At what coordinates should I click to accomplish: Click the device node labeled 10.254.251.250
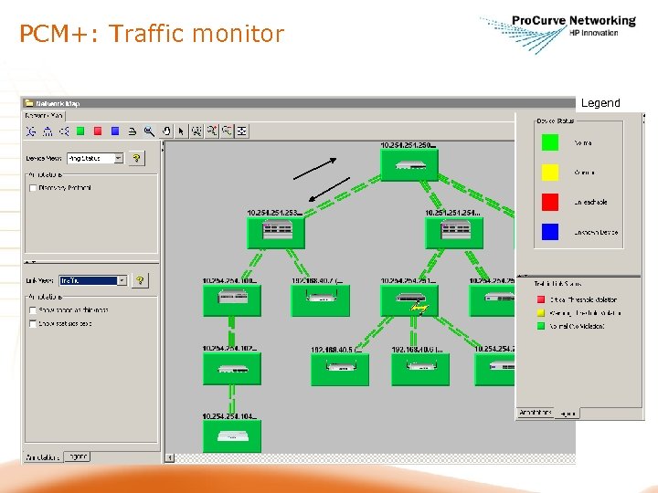[409, 165]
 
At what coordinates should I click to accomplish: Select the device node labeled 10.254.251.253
[275, 232]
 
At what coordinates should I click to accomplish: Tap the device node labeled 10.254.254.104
[231, 435]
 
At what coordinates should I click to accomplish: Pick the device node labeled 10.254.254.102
[231, 368]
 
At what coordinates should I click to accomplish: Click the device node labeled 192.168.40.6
[420, 368]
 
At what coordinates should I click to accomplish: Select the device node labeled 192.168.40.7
[320, 299]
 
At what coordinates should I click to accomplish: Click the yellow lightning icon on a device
[419, 309]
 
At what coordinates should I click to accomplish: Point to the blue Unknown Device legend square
[550, 232]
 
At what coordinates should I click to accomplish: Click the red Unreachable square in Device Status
[550, 202]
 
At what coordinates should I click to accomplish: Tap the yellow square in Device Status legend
[550, 172]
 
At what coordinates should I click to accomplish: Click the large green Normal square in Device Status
[550, 142]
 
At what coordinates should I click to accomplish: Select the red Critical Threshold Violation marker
[539, 299]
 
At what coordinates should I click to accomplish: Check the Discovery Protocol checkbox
[33, 188]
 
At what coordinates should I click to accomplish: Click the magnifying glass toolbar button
[149, 131]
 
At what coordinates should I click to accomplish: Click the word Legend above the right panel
[600, 103]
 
